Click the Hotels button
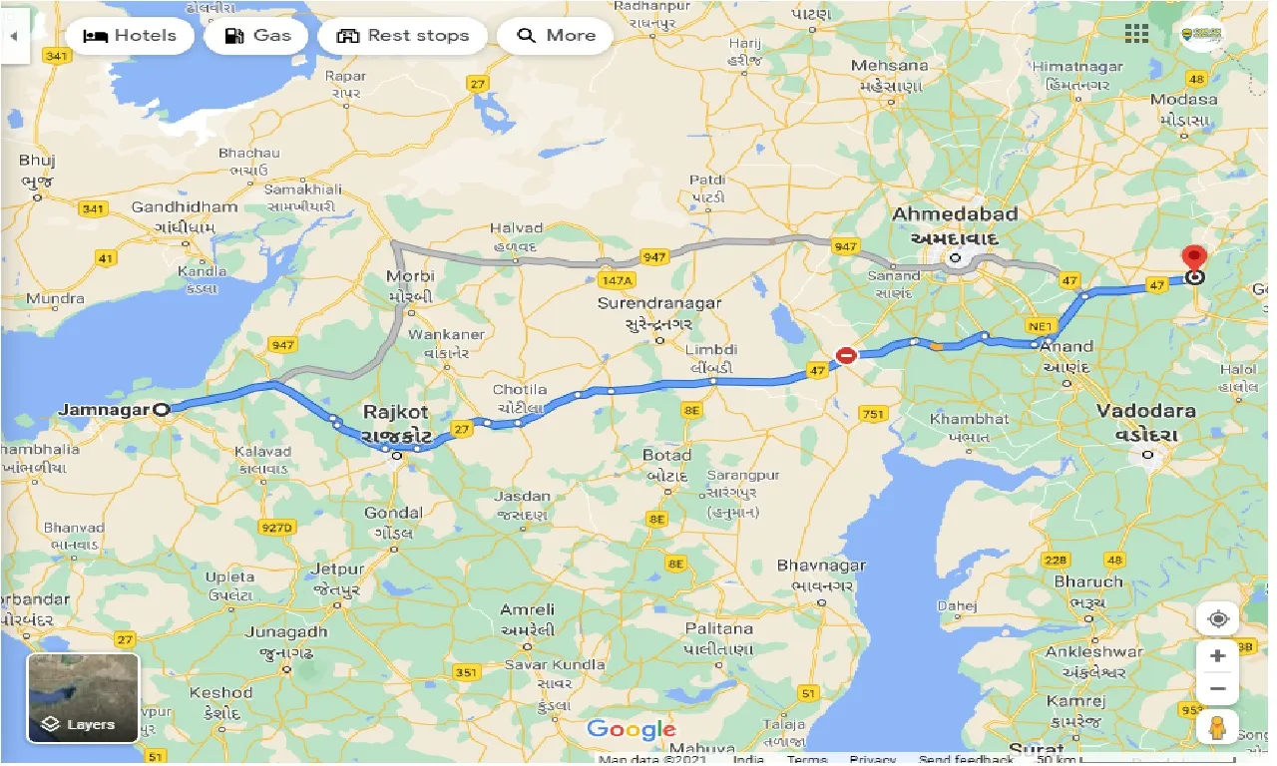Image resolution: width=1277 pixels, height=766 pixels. [129, 36]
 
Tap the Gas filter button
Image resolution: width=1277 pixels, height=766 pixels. [257, 36]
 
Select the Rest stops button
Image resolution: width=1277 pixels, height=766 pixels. [402, 36]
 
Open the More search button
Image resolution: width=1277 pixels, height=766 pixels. [556, 36]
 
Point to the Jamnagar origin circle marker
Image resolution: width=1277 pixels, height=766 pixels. [162, 408]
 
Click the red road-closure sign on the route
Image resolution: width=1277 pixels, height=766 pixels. [846, 355]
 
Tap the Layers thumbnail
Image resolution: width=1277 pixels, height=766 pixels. [83, 698]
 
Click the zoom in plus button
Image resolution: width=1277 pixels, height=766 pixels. [1217, 656]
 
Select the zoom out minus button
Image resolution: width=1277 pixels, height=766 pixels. [1217, 688]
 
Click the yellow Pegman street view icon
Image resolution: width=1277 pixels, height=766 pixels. [1217, 729]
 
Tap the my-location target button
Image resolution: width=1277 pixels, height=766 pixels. [1217, 618]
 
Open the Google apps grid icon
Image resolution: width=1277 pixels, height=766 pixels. [1136, 34]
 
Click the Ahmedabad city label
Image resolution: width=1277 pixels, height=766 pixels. [955, 214]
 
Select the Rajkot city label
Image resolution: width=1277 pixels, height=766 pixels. [395, 412]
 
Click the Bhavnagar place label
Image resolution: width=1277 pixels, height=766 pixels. [821, 566]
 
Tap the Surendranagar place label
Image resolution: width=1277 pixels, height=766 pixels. [658, 303]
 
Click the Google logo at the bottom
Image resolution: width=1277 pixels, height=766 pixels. [631, 729]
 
